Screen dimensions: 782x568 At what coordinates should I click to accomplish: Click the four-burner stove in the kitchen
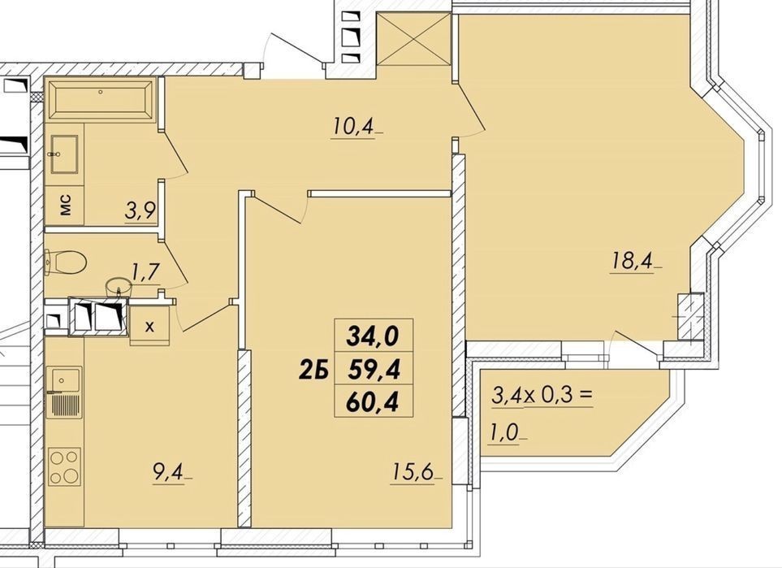click(x=64, y=466)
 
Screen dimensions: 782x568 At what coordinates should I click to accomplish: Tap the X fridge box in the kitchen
click(x=149, y=327)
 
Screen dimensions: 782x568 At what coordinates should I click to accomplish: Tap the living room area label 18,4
click(x=632, y=261)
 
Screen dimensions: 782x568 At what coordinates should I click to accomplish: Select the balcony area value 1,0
click(x=505, y=433)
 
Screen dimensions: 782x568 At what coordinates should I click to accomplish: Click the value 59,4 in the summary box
click(x=374, y=370)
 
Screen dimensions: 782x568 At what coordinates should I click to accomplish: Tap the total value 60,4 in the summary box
click(x=374, y=402)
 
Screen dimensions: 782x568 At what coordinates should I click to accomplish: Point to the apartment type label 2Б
click(x=312, y=371)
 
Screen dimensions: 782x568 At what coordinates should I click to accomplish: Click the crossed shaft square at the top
click(x=414, y=40)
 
